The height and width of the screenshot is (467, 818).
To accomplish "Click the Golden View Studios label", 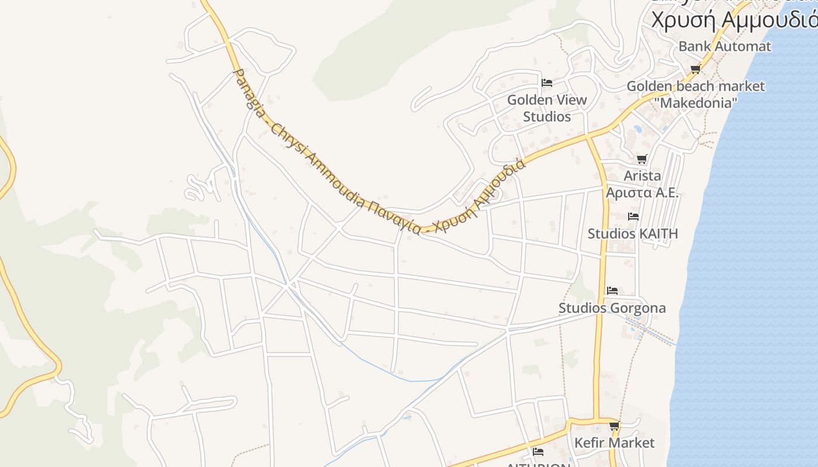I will tap(547, 108).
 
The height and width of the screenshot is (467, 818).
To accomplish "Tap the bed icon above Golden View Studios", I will tap(547, 83).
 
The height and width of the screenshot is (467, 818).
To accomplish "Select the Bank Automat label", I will tap(725, 46).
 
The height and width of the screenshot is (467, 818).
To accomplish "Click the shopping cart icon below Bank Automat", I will tap(695, 69).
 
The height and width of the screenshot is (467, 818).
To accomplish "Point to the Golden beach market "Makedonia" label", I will tap(695, 95).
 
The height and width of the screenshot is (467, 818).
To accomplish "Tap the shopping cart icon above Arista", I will tap(642, 159).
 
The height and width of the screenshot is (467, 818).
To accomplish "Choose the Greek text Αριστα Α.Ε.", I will tap(642, 193).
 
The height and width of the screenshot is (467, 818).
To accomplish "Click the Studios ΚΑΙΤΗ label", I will tap(633, 234).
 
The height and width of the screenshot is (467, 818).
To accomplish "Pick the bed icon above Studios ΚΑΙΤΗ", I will tap(633, 217).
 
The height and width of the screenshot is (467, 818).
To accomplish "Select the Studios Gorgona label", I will tap(612, 308).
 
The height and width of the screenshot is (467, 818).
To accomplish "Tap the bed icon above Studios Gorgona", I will tap(612, 291).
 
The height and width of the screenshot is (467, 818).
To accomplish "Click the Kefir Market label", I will tap(614, 443).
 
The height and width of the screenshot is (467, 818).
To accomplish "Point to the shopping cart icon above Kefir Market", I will tap(614, 426).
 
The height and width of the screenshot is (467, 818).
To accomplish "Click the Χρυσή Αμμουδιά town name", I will tap(733, 20).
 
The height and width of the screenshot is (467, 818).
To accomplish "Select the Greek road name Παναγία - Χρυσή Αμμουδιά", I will tap(462, 201).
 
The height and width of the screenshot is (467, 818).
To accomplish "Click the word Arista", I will tap(642, 176).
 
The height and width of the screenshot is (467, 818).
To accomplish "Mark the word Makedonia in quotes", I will tap(695, 103).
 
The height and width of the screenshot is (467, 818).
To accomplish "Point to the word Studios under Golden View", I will tap(547, 117).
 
